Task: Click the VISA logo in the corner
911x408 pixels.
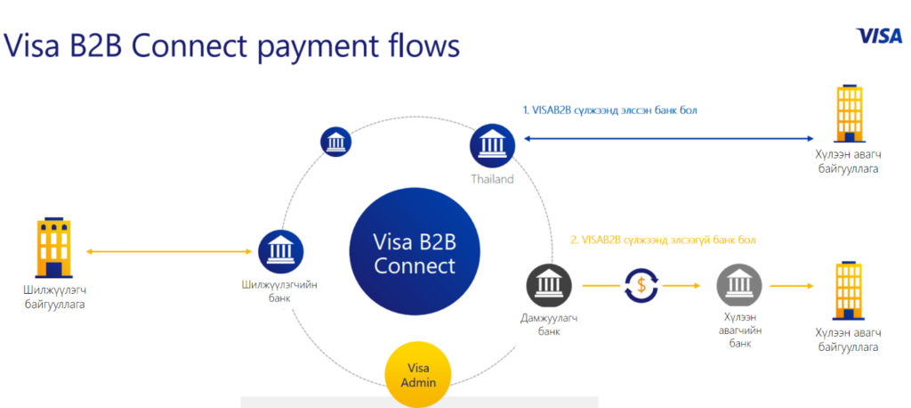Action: point(879,37)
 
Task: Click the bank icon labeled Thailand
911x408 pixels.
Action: point(492,145)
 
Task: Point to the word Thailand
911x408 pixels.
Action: point(492,179)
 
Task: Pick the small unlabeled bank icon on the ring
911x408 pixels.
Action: point(336,142)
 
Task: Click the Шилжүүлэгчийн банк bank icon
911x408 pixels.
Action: point(280,252)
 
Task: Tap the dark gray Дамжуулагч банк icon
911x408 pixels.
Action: point(549,286)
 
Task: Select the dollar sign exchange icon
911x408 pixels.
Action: point(641,285)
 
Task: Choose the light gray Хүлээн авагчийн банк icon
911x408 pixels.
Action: point(739,286)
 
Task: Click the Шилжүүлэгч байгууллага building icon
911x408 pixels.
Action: point(53,248)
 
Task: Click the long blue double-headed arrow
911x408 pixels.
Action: point(669,138)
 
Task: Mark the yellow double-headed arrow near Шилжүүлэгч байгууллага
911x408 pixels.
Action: point(168,252)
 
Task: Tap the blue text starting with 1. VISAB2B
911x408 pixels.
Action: point(610,110)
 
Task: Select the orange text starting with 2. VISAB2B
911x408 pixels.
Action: point(663,240)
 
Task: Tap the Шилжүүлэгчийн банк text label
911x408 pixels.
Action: point(280,291)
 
